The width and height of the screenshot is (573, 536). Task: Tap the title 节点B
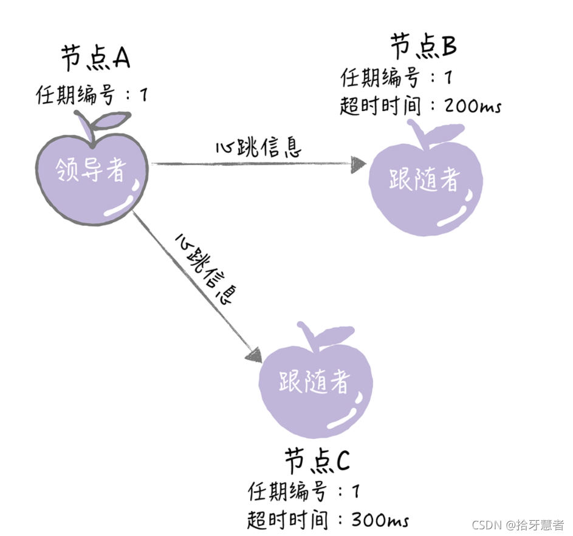423,47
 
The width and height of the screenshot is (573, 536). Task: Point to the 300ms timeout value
380,520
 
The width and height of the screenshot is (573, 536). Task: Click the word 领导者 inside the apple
91,171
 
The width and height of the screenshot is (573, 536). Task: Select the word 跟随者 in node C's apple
315,382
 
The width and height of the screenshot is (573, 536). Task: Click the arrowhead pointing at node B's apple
359,163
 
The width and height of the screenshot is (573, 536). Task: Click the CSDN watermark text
518,524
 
